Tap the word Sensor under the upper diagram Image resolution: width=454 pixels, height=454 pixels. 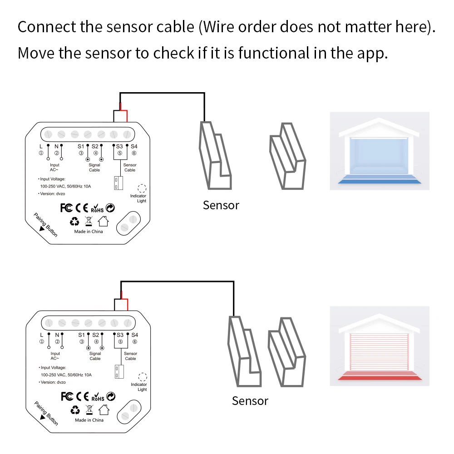(221, 205)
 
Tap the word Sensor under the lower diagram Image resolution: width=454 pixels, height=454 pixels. (250, 401)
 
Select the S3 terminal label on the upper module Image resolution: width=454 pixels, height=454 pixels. (119, 146)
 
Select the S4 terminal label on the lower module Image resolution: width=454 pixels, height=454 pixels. (134, 335)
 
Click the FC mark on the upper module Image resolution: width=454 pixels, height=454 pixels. (66, 208)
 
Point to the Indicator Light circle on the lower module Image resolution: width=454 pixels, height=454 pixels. (143, 377)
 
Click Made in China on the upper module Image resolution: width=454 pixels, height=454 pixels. (89, 232)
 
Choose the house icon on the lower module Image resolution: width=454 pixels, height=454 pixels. (104, 410)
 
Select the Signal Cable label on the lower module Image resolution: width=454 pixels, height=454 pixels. (95, 356)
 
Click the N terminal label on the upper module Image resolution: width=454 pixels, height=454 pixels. (56, 146)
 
